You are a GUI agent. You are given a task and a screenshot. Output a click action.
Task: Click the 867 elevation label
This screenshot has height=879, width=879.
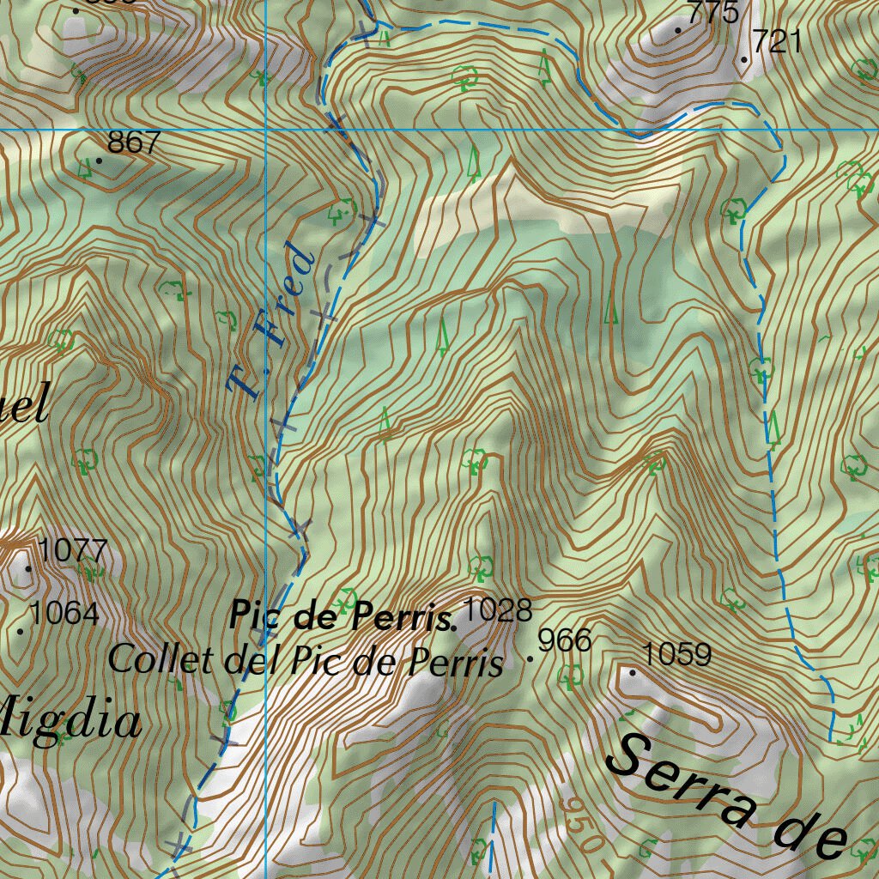pos(134,142)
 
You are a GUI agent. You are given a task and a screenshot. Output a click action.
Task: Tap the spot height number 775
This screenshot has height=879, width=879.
pos(713,14)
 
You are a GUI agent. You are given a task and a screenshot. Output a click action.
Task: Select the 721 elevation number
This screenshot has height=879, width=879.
pos(777,41)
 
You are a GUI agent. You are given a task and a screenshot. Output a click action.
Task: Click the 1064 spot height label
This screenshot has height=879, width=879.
pos(64,615)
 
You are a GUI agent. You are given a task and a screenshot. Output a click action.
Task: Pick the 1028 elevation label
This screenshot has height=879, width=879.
pos(497,611)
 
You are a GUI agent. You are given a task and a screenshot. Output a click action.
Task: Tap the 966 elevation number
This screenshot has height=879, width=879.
pos(565,640)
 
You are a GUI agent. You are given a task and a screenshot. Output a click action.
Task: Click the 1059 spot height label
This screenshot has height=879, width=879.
pos(676,656)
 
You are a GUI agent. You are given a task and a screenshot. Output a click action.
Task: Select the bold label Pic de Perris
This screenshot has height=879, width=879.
pos(342,616)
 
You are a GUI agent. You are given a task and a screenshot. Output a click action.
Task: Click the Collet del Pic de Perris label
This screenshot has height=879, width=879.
pos(306,661)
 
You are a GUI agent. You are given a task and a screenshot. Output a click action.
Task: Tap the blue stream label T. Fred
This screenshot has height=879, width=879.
pos(270,322)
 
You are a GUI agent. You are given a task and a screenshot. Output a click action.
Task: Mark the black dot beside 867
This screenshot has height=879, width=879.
pos(100,161)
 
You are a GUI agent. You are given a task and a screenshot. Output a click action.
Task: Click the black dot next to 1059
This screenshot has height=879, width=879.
pos(633,673)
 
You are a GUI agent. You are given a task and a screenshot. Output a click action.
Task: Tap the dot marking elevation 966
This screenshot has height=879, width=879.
pos(530,659)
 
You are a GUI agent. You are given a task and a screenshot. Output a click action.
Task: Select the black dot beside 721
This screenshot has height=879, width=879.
pos(743,59)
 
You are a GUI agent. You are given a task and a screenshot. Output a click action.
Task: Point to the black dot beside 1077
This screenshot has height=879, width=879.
pos(28,568)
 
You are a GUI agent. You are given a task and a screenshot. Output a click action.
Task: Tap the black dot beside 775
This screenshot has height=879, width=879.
pos(678,31)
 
